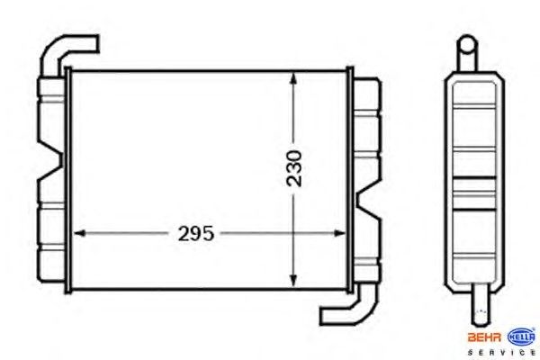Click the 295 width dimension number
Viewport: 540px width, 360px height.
tap(195, 234)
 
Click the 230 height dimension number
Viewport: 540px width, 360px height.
tap(293, 169)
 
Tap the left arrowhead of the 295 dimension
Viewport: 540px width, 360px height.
tap(79, 233)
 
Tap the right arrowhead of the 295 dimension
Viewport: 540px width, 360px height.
tap(339, 233)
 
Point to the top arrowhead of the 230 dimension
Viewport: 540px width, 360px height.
tap(293, 78)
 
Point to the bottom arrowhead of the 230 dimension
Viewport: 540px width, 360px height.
tap(293, 281)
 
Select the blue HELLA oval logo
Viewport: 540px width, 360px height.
tap(522, 337)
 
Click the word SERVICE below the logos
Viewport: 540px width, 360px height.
tap(501, 353)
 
